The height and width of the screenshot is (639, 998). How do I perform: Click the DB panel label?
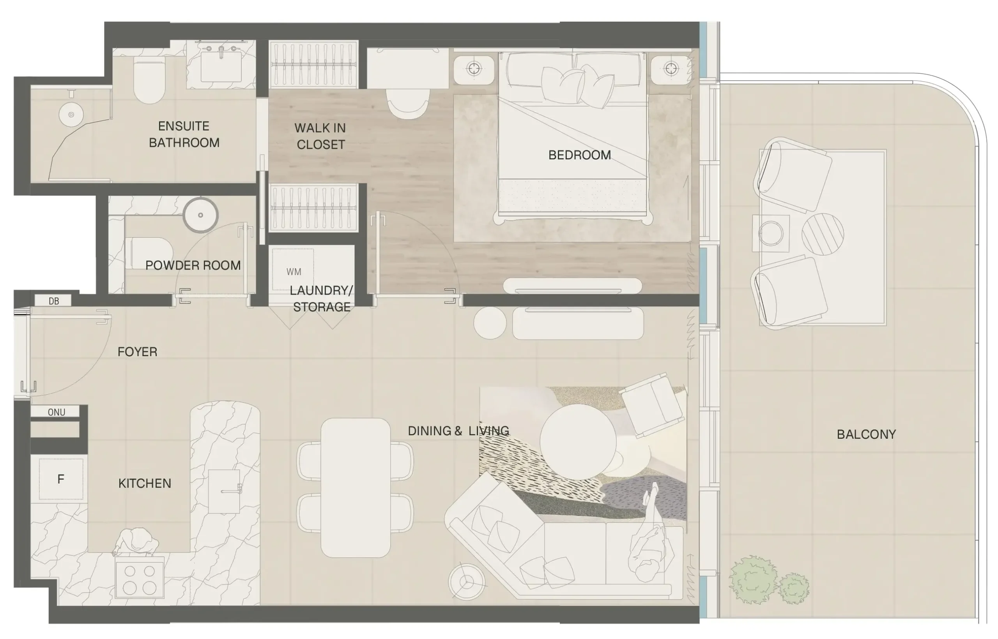coord(53,301)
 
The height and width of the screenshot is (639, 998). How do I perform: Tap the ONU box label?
coord(57,412)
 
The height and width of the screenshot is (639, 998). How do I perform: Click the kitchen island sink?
coord(224,491)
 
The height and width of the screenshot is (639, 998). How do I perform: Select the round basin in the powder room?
coord(200,215)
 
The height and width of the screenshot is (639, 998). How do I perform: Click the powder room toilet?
coord(149,253)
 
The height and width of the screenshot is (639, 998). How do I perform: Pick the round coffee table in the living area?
coord(578,441)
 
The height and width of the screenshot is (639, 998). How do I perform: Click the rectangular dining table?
coord(356,487)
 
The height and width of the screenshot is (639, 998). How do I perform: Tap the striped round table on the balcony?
coord(823,234)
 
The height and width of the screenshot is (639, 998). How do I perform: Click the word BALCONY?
coord(866,434)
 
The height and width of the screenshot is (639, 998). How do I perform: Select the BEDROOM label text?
coord(580,155)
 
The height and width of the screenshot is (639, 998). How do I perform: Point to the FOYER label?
coord(137,352)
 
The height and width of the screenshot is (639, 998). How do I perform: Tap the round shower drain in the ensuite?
coord(71,115)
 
